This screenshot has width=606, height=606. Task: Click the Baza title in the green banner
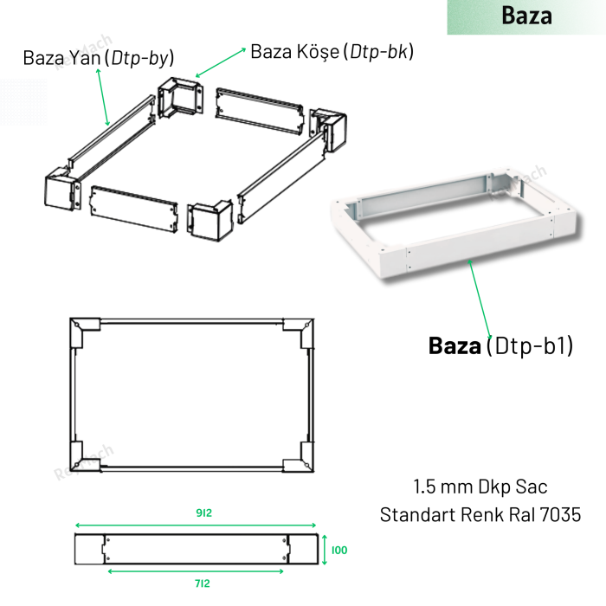tap(526, 16)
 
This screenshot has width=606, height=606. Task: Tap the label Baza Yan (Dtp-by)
tap(99, 58)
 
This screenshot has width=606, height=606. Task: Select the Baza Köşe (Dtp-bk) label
tap(332, 51)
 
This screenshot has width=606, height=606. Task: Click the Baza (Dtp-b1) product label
tap(500, 345)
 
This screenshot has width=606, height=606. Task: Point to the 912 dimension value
tap(203, 513)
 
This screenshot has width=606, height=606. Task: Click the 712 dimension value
tap(202, 583)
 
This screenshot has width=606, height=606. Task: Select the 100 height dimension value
tap(339, 550)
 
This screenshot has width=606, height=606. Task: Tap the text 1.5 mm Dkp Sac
tap(480, 487)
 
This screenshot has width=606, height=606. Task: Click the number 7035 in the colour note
tap(560, 515)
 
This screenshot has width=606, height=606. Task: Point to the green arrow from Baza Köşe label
tap(221, 62)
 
